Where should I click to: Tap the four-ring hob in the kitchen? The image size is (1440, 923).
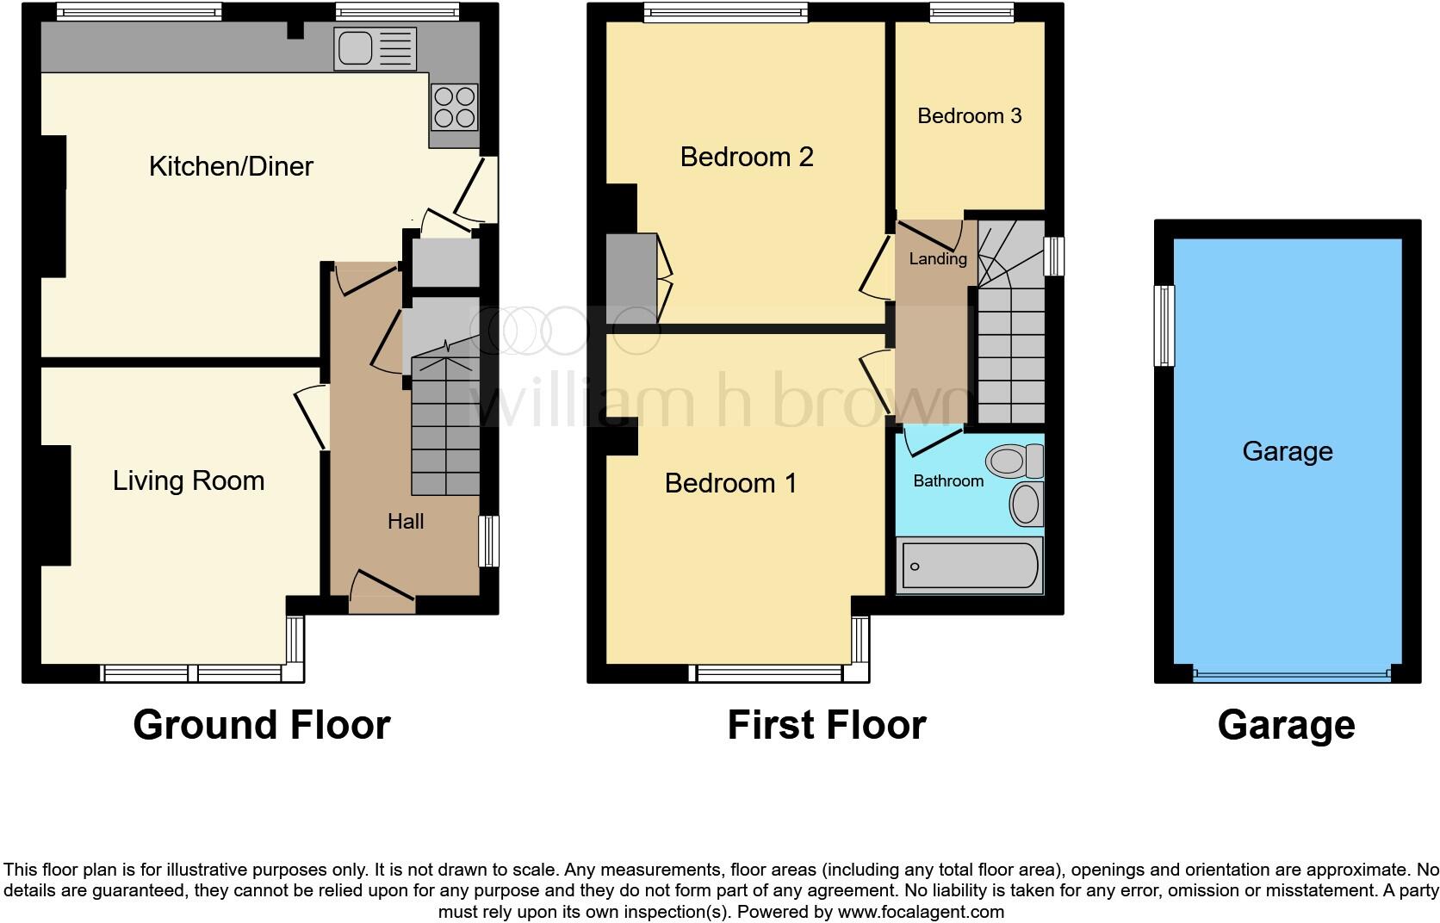454,108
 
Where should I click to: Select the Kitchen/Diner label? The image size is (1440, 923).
231,166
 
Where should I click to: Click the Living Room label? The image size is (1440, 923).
189,480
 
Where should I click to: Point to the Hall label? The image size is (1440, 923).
405,522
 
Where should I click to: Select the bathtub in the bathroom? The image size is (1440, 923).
970,566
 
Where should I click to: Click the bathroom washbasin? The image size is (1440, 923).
1026,504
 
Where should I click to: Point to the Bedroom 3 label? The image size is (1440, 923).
969,116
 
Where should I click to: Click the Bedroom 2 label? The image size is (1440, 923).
747,157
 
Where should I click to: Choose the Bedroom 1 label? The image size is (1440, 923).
730,484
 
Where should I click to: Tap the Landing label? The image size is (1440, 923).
937,259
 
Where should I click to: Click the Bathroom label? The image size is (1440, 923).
947,481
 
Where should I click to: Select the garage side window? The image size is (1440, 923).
1164,325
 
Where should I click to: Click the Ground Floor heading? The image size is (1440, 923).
261,725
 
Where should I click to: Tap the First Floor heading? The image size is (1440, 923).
826,725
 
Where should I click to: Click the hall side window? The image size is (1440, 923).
488,541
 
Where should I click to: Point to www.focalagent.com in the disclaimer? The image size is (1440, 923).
920,912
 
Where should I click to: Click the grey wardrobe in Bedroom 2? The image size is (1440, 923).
632,276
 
